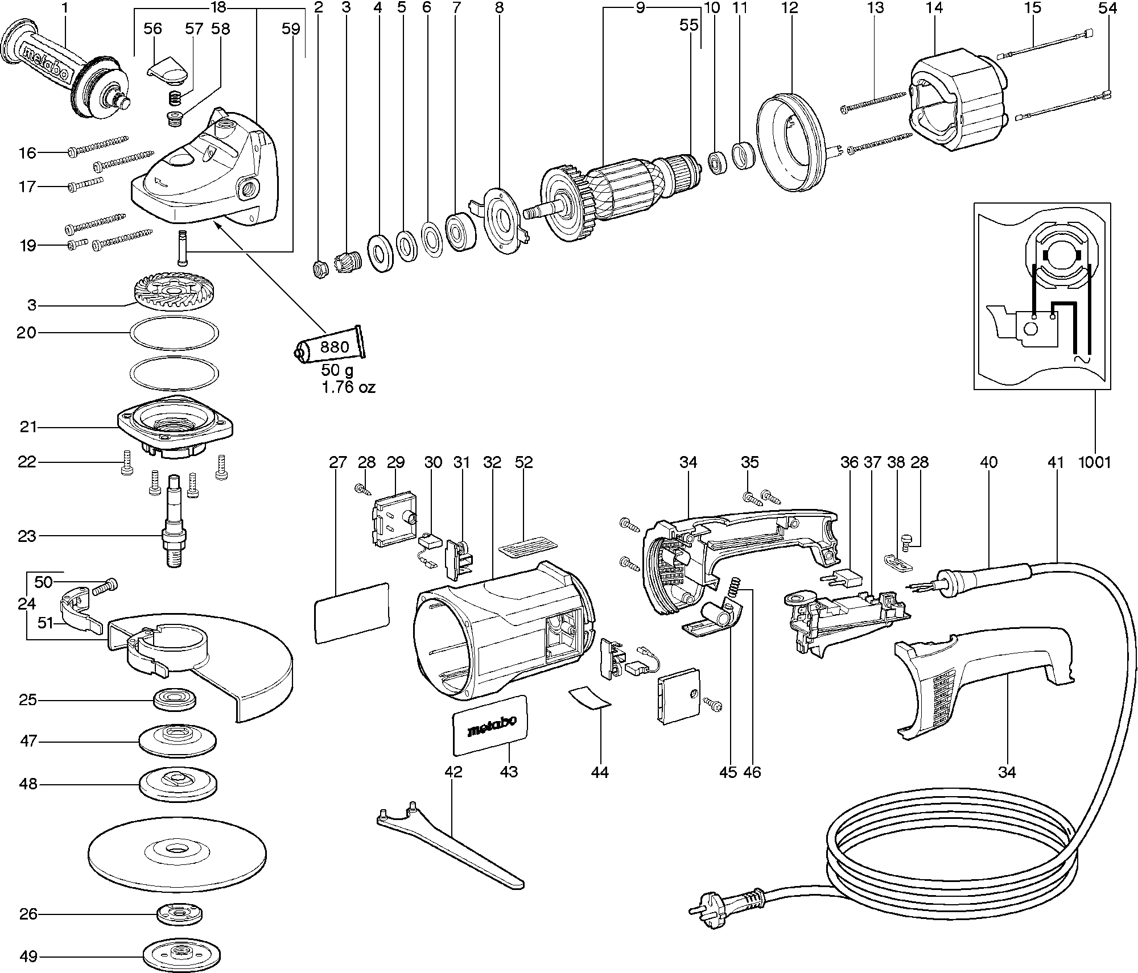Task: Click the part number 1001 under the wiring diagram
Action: pos(1094,462)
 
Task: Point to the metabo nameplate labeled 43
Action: pos(489,726)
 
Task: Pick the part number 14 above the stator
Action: pos(934,8)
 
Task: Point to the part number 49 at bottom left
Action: pos(28,957)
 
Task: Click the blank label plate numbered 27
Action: pos(351,612)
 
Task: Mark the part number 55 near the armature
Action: pos(689,25)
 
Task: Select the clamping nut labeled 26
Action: pos(179,914)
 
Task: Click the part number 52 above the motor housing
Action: pos(523,462)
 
